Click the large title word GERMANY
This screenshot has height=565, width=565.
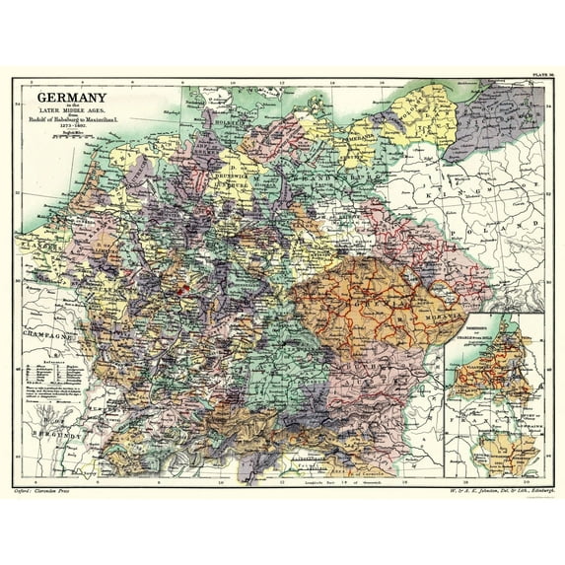[x=72, y=98]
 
